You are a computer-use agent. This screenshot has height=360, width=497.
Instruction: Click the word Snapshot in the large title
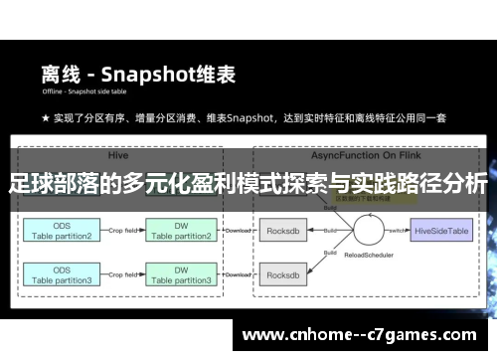(158, 74)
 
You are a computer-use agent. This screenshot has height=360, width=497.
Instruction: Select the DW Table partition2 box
(182, 232)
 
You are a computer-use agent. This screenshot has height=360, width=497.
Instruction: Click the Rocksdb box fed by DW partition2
(284, 230)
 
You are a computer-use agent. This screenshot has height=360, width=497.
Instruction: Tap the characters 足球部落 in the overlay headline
(50, 185)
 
